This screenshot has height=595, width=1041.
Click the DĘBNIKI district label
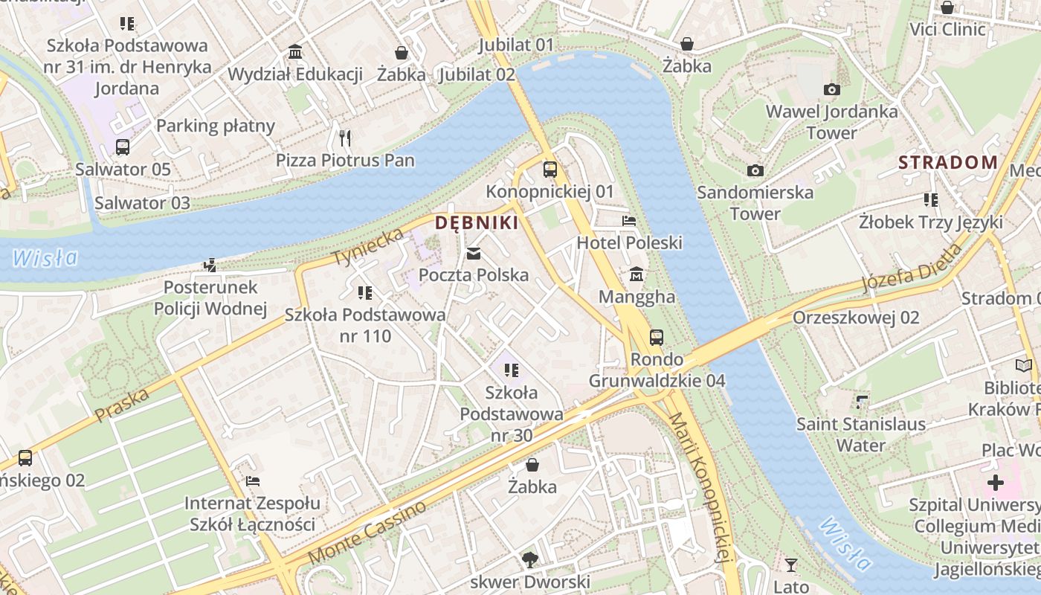(476, 222)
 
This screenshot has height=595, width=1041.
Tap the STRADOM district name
(947, 162)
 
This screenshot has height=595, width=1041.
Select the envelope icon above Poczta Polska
(474, 254)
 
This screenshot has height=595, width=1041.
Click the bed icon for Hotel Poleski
(629, 221)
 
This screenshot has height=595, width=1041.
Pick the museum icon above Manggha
(636, 275)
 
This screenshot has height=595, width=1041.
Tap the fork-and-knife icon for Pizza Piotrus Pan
(344, 138)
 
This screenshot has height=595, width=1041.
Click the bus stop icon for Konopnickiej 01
(549, 170)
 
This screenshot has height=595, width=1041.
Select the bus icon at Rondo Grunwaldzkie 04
(656, 338)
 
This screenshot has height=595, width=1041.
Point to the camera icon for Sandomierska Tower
(755, 170)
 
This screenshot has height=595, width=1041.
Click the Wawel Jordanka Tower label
(831, 122)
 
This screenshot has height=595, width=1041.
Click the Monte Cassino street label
(367, 533)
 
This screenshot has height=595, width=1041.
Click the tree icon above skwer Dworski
(529, 559)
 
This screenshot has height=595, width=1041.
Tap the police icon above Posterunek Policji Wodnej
(210, 265)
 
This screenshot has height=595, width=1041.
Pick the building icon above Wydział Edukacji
(295, 52)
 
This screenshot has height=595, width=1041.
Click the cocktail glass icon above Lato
(791, 565)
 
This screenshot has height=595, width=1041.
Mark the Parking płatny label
(216, 126)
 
